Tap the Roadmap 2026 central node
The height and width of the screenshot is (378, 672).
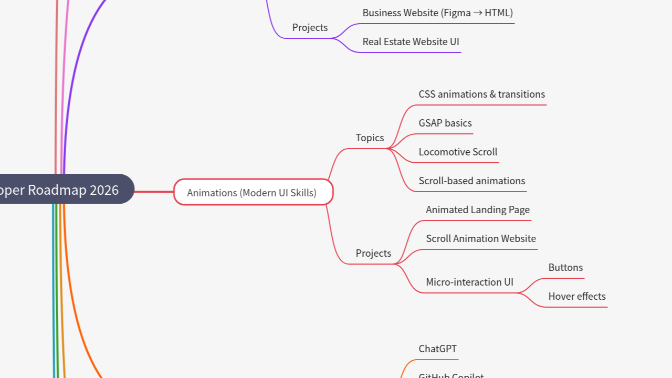pos(63,190)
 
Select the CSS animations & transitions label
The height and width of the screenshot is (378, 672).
pos(481,94)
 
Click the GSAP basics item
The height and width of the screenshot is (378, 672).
pos(445,123)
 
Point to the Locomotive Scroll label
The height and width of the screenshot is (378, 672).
pos(458,152)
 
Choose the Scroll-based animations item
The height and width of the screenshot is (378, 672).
pos(471,181)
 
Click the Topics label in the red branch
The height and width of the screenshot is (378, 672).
pos(370,138)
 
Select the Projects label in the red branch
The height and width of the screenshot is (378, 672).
pos(373,253)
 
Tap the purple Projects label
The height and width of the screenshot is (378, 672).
pos(310,27)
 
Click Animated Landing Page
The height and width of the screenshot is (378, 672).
pos(478,210)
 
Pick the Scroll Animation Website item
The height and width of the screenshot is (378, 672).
pos(481,239)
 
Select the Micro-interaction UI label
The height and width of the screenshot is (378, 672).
pos(469,282)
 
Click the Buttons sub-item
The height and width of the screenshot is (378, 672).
pos(565,268)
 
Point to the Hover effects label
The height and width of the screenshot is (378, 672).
pos(577,297)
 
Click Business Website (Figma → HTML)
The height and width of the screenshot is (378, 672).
pos(437,13)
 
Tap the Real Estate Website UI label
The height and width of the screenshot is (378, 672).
pos(411,42)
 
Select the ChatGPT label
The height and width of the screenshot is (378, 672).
pos(438,349)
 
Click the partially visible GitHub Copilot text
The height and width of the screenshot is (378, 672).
pos(451,375)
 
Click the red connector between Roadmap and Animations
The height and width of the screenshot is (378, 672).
pos(154,192)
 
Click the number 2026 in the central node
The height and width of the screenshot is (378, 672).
pos(104,190)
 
